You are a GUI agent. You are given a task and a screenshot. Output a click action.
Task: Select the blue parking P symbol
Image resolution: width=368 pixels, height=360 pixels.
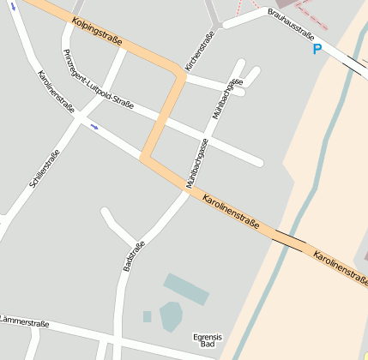317,50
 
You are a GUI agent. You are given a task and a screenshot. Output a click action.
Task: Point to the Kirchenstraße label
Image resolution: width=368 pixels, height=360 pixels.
200,51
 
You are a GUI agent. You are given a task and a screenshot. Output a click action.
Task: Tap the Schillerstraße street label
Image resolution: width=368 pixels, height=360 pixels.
44,170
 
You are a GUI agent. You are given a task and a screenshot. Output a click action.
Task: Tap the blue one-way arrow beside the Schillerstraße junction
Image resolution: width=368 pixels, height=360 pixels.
94,126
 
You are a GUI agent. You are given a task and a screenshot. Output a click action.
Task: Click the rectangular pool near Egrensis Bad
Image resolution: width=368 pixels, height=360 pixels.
186,289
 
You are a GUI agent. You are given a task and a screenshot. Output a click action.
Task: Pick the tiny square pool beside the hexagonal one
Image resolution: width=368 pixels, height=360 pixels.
148,316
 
